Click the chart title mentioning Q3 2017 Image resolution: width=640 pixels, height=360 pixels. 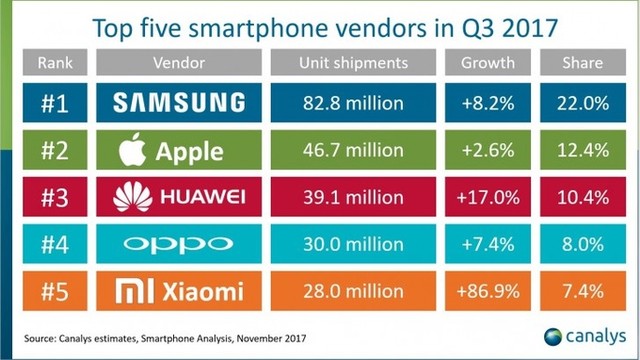[x=320, y=25]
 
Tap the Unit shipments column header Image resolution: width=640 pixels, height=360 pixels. [x=354, y=63]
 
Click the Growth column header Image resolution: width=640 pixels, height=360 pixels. [x=489, y=63]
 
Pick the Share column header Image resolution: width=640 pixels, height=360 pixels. [x=582, y=63]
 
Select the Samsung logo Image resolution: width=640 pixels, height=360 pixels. [x=179, y=103]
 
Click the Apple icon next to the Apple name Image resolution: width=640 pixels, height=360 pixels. [x=133, y=149]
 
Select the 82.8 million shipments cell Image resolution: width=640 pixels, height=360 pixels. [x=354, y=103]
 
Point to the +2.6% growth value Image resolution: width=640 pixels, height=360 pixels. [x=489, y=151]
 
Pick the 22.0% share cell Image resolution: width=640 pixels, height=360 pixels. [x=582, y=103]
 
